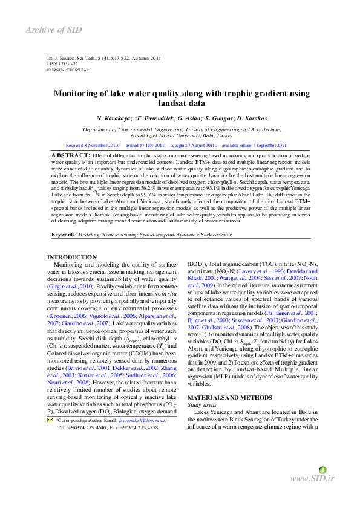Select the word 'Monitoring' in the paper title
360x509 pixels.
(77, 94)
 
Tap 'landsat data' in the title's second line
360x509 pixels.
(180, 103)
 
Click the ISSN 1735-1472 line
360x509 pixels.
(62, 63)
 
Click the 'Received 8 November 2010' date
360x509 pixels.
(92, 146)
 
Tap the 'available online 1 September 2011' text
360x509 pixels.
(255, 146)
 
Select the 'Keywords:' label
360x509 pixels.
(64, 233)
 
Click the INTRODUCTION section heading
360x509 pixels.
(72, 258)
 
